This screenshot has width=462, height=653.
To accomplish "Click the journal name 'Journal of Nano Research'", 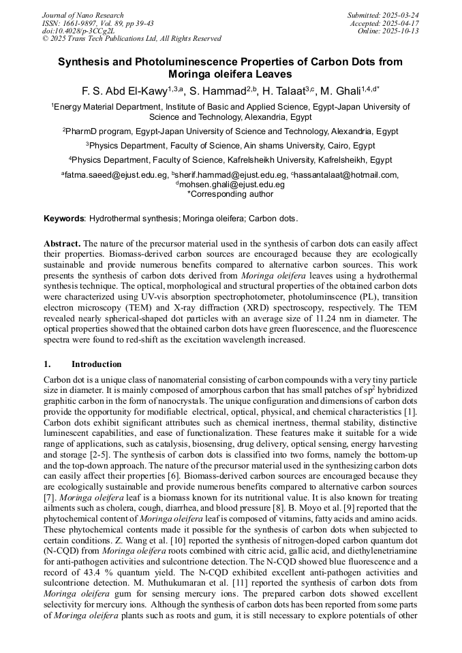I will coord(83,15).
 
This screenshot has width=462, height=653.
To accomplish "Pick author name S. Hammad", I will coord(215,91).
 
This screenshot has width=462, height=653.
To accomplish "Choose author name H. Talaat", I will coord(283,91).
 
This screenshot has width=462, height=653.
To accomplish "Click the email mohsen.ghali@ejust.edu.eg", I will coord(232,185).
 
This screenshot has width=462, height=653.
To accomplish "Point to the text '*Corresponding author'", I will coord(230,193).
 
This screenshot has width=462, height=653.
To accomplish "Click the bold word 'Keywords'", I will coord(64,219).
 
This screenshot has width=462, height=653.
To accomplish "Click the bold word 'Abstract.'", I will coord(63,243).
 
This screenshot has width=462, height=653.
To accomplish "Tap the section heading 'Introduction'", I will coord(97,364).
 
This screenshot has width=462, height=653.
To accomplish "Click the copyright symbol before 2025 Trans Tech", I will coord(46,39).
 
